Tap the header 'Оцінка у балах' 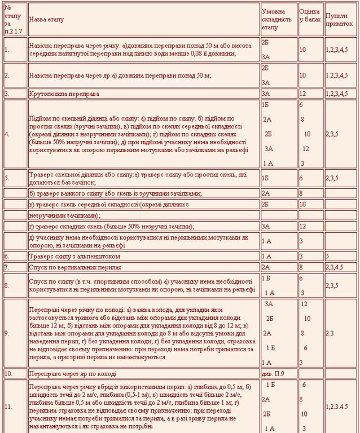pyautogui.click(x=310, y=19)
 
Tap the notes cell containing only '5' pyautogui.click(x=327, y=256)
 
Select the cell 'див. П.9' pyautogui.click(x=273, y=374)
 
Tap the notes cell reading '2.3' pyautogui.click(x=330, y=333)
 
